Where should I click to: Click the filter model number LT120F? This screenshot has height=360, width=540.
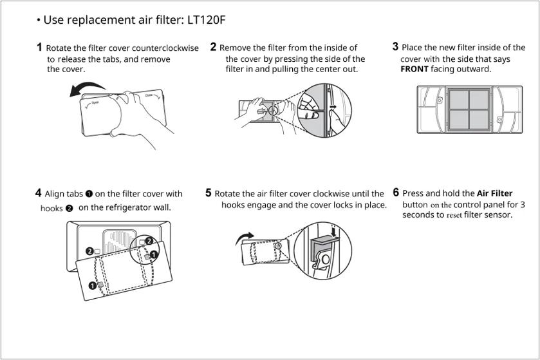pyautogui.click(x=203, y=21)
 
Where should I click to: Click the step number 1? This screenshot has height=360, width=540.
pyautogui.click(x=39, y=47)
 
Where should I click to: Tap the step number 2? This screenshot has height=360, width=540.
pyautogui.click(x=213, y=47)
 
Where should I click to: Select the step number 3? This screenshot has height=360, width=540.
pyautogui.click(x=395, y=46)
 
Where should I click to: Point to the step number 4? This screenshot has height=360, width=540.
pyautogui.click(x=39, y=193)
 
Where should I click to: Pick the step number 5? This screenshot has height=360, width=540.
pyautogui.click(x=209, y=193)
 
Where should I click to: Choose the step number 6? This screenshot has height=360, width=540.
pyautogui.click(x=396, y=193)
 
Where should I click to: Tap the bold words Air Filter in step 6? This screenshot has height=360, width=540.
pyautogui.click(x=494, y=193)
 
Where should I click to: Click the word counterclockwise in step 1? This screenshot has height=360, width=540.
pyautogui.click(x=165, y=48)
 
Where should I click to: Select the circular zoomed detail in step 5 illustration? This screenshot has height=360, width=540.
pyautogui.click(x=326, y=251)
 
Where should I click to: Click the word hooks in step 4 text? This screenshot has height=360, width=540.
pyautogui.click(x=51, y=209)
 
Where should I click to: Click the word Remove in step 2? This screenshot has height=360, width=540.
pyautogui.click(x=235, y=48)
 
